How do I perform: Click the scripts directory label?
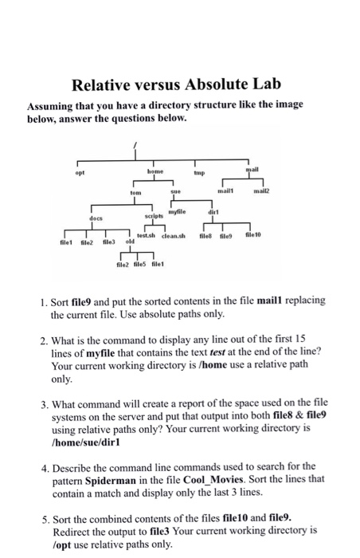[x=155, y=215]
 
